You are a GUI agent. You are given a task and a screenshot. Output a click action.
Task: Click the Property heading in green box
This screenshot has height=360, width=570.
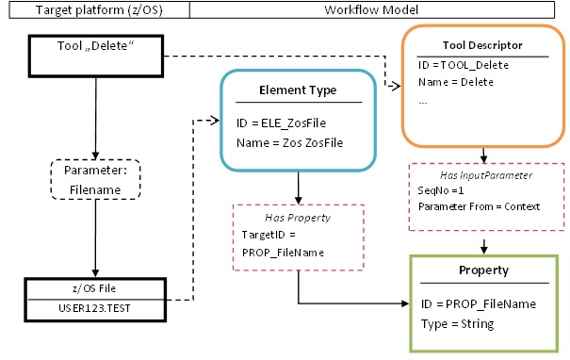[x=482, y=270]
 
